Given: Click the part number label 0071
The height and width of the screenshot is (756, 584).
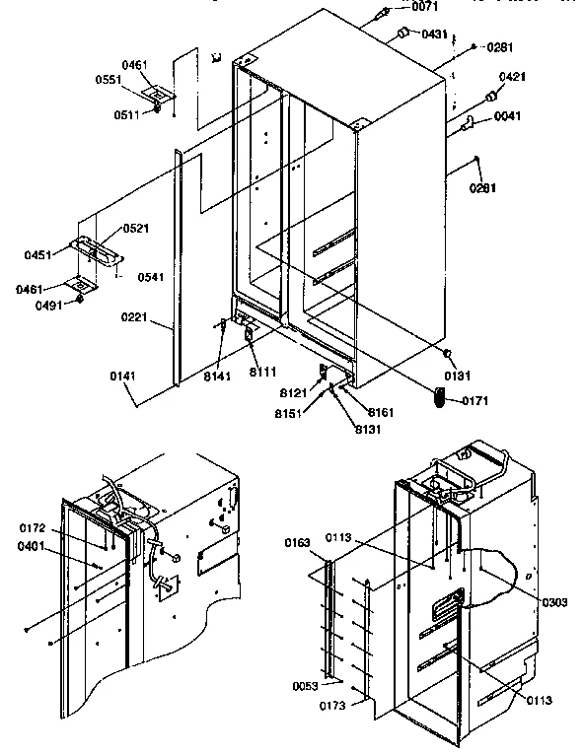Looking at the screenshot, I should coord(425,7).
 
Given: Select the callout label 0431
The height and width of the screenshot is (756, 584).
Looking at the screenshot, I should coord(435,34).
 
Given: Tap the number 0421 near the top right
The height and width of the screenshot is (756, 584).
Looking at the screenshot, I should coord(511,76).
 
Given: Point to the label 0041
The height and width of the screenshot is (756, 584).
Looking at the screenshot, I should coord(508,116).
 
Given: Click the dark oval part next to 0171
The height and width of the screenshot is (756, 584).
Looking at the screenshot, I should coord(440,396).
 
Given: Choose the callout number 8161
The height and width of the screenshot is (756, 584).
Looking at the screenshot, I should coord(382,411).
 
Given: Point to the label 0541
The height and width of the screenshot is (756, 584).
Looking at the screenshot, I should coord(150,277).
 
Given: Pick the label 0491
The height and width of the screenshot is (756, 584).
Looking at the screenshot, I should coord(45,305).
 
